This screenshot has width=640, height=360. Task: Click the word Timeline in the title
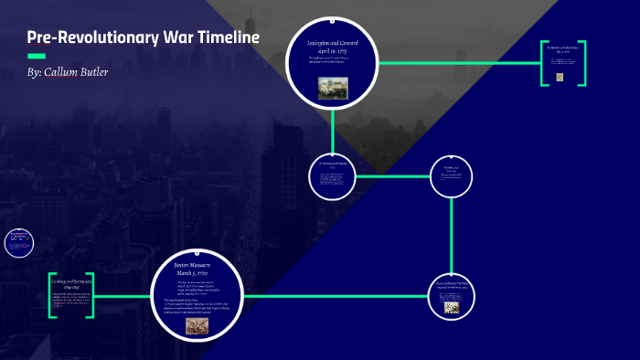pyautogui.click(x=224, y=37)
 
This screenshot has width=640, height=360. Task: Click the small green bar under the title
pyautogui.click(x=37, y=55)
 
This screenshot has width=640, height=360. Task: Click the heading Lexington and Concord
pyautogui.click(x=332, y=43)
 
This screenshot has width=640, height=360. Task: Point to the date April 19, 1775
pyautogui.click(x=332, y=51)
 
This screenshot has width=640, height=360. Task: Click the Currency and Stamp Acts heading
pyautogui.click(x=71, y=284)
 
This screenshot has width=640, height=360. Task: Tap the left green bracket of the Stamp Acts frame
pyautogui.click(x=52, y=295)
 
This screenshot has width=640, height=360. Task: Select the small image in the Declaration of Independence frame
pyautogui.click(x=560, y=78)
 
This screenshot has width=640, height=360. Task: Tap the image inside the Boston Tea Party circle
pyautogui.click(x=452, y=308)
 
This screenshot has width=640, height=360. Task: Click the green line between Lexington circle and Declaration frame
pyautogui.click(x=457, y=63)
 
